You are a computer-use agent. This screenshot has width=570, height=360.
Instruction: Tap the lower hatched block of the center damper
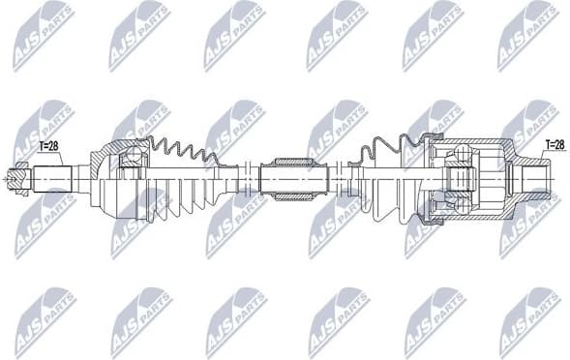click(x=289, y=196)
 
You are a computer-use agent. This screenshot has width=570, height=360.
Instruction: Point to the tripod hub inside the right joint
click(x=463, y=179)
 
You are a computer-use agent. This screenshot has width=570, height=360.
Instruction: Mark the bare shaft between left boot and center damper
click(x=251, y=179)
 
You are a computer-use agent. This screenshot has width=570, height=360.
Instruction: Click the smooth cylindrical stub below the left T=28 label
click(x=56, y=179)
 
